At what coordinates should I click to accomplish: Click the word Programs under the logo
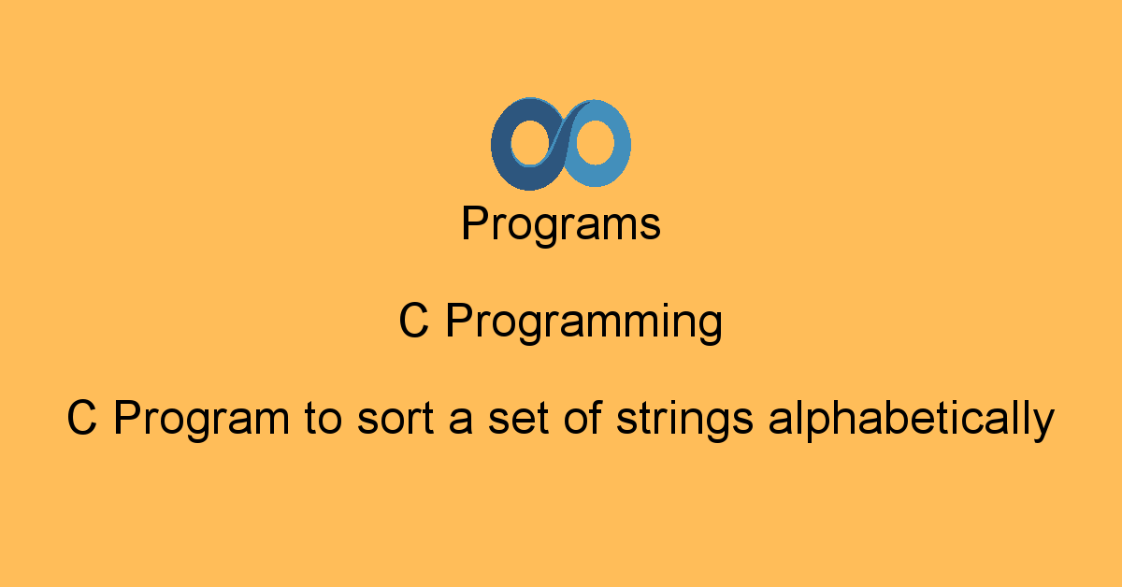click(x=561, y=225)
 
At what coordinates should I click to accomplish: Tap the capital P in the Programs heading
click(x=474, y=224)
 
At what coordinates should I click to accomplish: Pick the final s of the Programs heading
click(x=652, y=228)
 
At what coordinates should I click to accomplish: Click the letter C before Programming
click(x=413, y=322)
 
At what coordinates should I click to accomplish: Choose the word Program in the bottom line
click(x=202, y=421)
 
